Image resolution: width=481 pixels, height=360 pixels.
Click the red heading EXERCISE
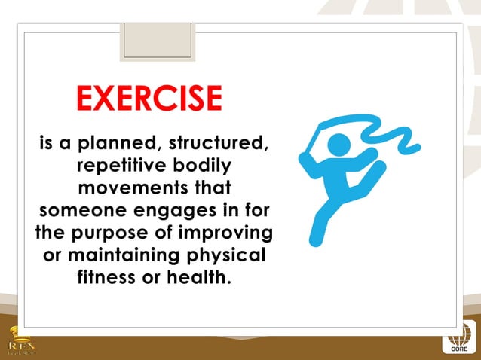click(149, 98)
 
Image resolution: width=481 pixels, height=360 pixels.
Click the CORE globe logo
click(459, 338)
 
